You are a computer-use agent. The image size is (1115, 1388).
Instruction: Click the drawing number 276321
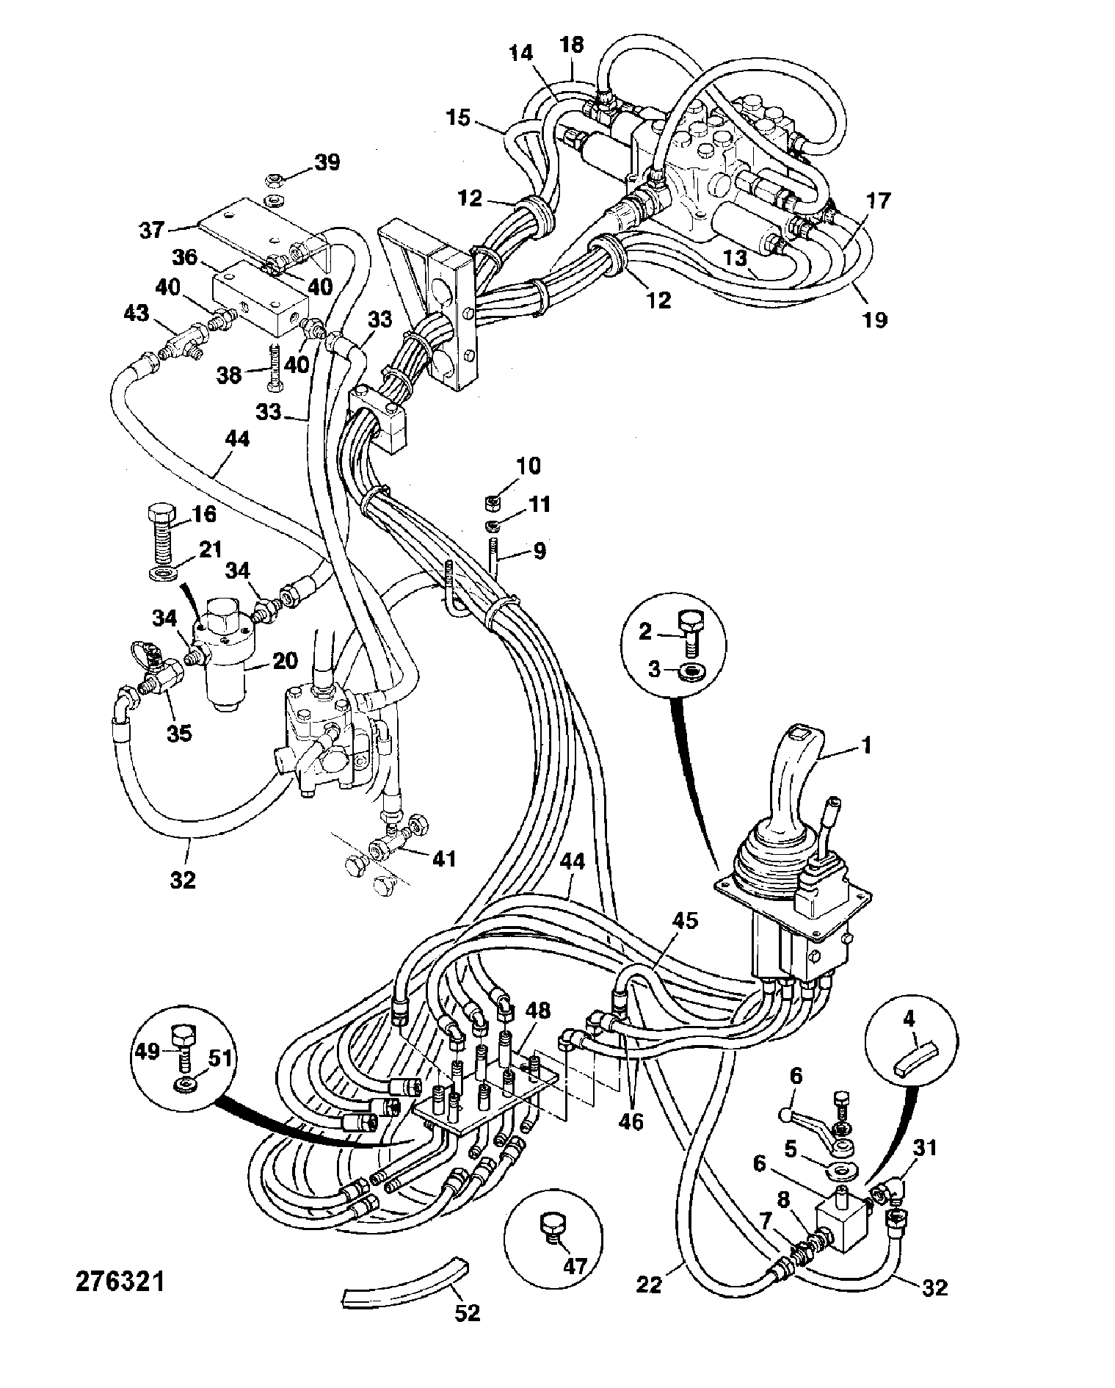point(120,1281)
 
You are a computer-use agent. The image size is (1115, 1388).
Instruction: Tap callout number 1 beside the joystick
point(866,745)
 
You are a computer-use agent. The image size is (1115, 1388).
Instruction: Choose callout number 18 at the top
point(572,45)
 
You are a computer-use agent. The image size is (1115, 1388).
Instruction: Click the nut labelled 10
point(493,503)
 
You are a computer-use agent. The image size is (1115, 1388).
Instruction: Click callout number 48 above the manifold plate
point(537,1010)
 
